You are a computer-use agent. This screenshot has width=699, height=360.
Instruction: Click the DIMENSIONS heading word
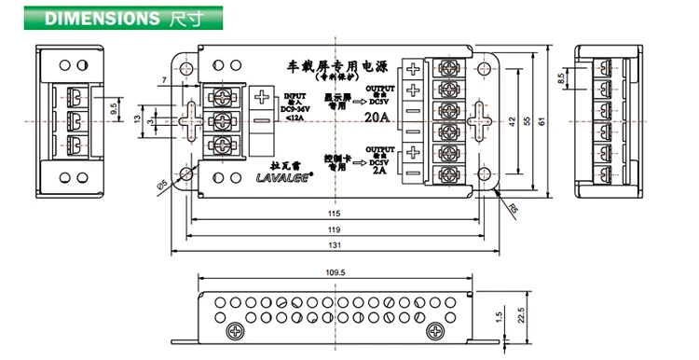coord(103,17)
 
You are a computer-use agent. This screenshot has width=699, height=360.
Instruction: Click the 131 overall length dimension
coord(335,245)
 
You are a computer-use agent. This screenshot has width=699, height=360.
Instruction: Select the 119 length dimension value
coord(335,229)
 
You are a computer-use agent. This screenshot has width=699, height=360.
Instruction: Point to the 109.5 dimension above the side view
coord(335,272)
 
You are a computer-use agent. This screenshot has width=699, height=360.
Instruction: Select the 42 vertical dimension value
coord(512,119)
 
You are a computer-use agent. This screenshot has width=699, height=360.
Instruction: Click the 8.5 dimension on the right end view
coord(559,79)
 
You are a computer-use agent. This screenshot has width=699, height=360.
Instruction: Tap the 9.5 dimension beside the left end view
coord(113,108)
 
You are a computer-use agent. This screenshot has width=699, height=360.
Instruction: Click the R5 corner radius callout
coord(512,207)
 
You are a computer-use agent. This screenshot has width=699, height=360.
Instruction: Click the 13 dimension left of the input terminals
coord(138,119)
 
